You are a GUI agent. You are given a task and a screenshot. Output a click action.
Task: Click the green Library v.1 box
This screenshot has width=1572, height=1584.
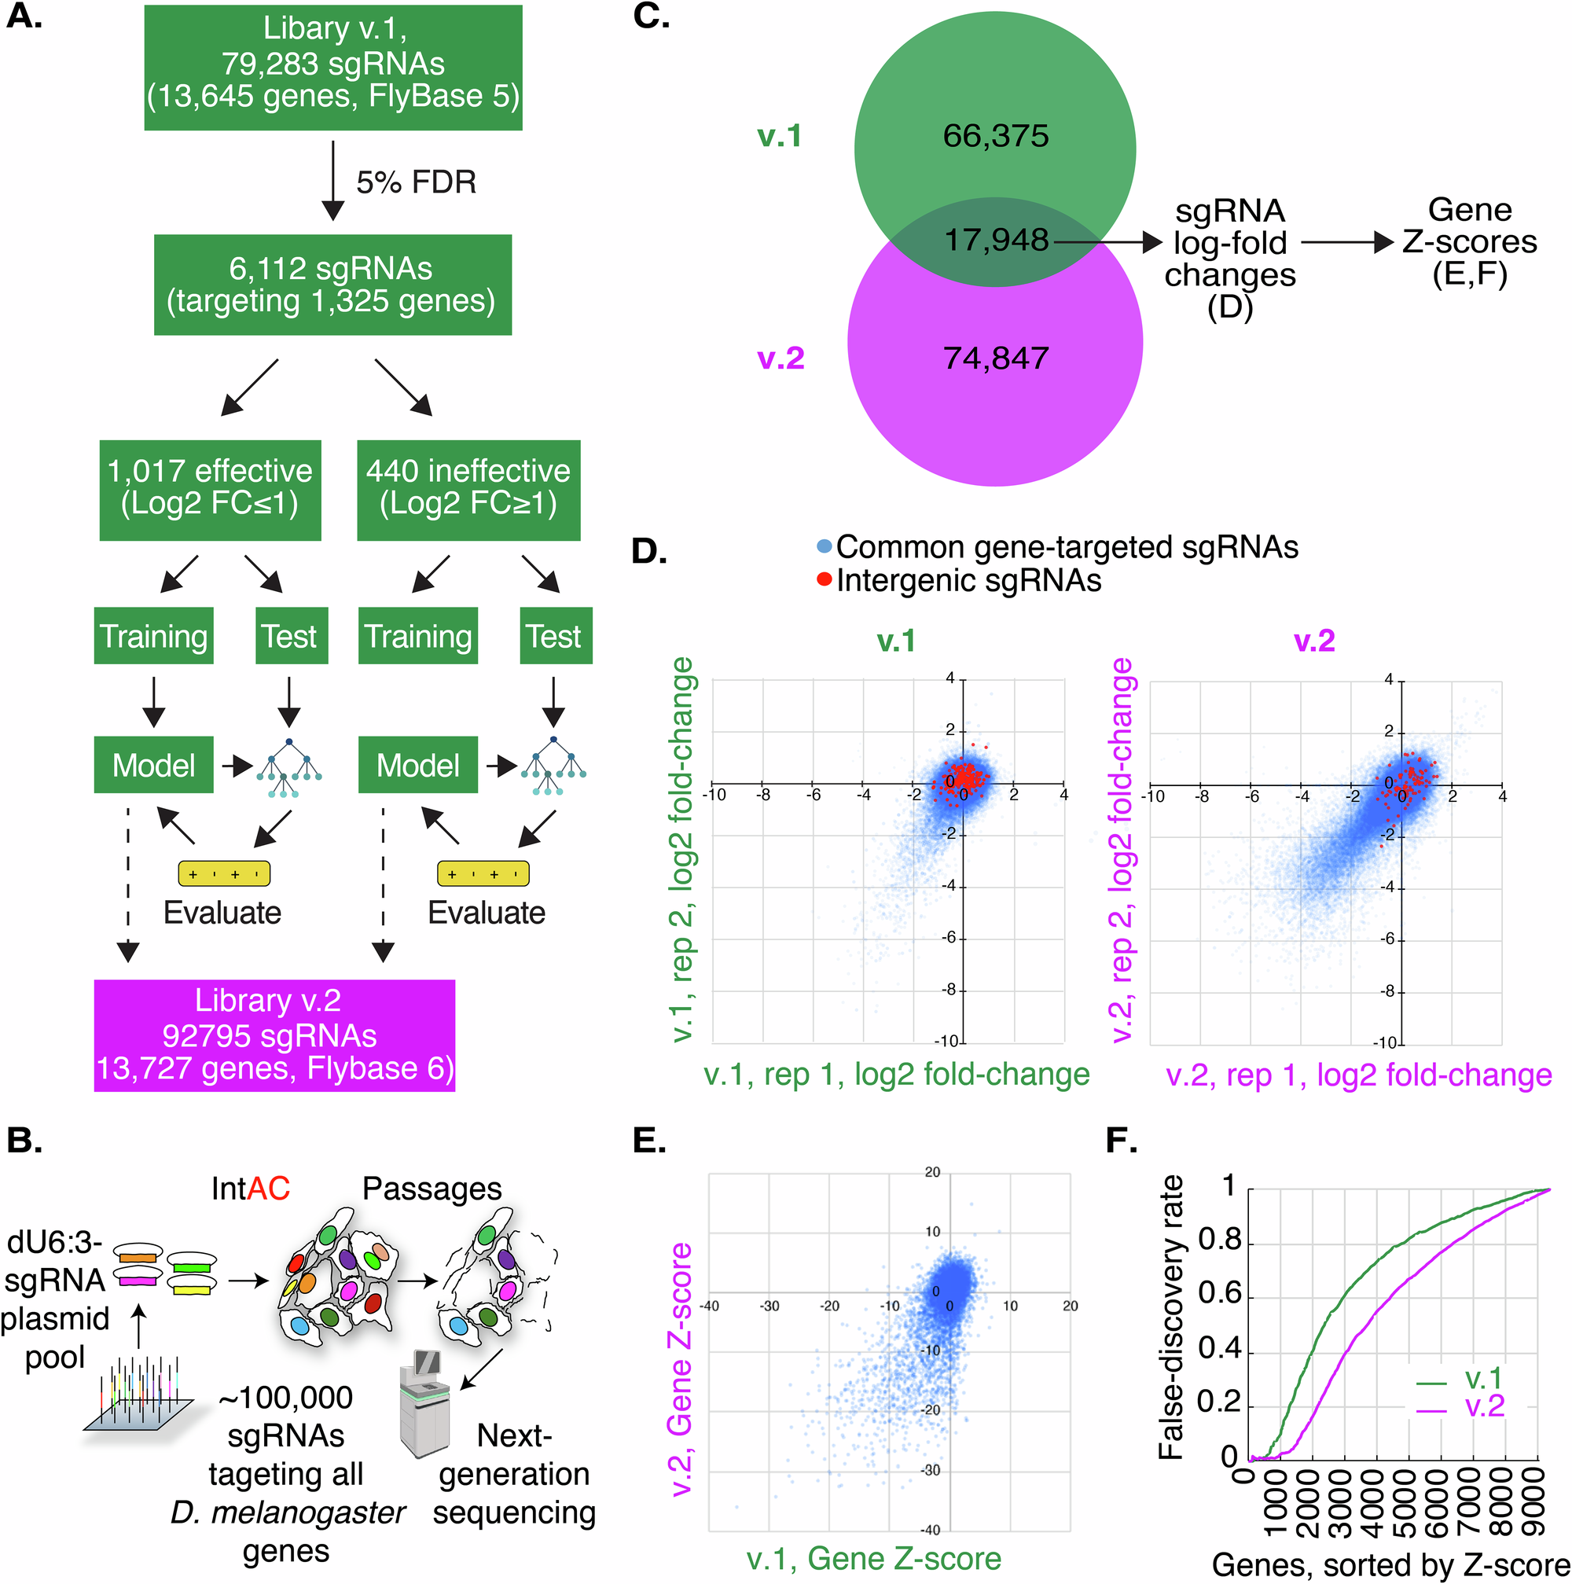tap(332, 68)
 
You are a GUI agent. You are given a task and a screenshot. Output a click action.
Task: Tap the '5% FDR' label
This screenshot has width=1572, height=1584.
tap(416, 182)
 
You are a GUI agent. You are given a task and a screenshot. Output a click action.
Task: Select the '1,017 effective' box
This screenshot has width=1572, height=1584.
tap(210, 490)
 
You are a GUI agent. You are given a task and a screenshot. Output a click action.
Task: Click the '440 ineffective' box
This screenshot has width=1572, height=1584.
tap(468, 490)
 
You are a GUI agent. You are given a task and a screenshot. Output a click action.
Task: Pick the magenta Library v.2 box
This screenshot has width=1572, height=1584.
tap(274, 1035)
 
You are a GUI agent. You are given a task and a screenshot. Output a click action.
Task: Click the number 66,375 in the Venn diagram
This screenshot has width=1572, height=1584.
tap(995, 136)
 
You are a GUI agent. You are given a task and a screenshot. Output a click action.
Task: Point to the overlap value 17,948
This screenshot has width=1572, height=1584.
tap(996, 241)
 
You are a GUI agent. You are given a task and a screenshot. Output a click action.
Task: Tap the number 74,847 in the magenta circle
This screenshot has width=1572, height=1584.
tap(995, 358)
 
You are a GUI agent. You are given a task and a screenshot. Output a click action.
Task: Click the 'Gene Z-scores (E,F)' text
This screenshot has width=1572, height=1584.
tap(1469, 242)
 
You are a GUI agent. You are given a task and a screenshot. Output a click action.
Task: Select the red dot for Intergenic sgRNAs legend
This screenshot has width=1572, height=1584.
tap(825, 580)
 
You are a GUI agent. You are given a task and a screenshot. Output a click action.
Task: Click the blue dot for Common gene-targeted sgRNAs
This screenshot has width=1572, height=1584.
tap(825, 547)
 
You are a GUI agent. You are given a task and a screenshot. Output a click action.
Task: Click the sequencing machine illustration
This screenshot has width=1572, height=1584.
tap(424, 1402)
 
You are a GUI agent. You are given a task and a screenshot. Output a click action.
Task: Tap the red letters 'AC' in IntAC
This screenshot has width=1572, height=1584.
tap(269, 1189)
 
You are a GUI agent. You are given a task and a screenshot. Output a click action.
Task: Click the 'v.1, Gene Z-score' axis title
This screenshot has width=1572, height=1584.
tap(874, 1559)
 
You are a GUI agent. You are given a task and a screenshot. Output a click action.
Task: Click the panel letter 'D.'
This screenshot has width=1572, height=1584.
tap(649, 551)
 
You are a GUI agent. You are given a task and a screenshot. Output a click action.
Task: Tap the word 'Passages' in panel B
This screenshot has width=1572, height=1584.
tap(432, 1189)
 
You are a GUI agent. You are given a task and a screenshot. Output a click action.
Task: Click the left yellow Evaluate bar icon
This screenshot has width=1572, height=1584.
tap(224, 874)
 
